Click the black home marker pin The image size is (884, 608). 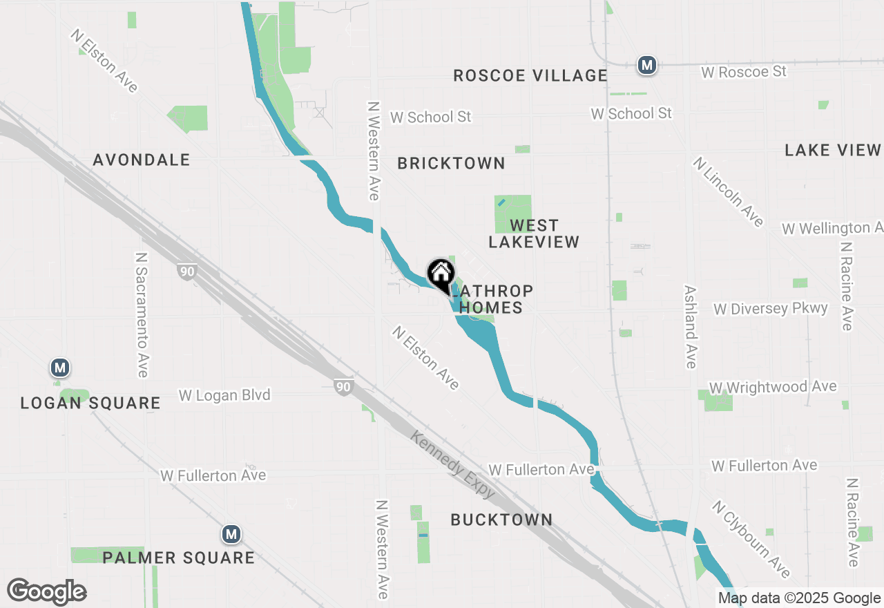click(x=441, y=274)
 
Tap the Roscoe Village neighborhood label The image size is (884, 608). click(x=530, y=75)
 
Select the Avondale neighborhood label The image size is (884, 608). click(x=142, y=160)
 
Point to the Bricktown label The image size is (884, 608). click(x=451, y=163)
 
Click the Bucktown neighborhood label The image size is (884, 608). click(x=501, y=520)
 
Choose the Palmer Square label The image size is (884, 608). click(x=179, y=557)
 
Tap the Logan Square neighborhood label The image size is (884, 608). click(x=90, y=403)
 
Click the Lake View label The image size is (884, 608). click(x=833, y=150)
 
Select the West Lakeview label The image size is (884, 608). click(x=534, y=234)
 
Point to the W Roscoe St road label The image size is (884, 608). click(x=744, y=72)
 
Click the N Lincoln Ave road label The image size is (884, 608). click(x=729, y=191)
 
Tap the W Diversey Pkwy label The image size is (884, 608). click(x=771, y=308)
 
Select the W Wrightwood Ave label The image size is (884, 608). click(x=773, y=387)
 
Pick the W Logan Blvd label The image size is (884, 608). click(x=224, y=395)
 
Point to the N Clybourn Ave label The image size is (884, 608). click(x=751, y=539)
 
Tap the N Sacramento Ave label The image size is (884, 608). click(x=142, y=314)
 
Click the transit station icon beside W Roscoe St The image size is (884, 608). click(x=647, y=65)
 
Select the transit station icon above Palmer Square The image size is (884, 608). click(x=231, y=534)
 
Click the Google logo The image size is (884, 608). click(x=46, y=592)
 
